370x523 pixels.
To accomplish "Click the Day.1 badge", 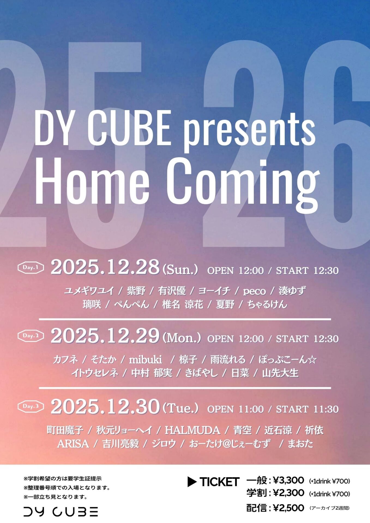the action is coord(31,267).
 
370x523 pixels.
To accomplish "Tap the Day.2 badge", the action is coord(31,336).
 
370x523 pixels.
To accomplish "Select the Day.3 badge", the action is coord(31,406).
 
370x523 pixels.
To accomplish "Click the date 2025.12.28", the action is coord(105,267).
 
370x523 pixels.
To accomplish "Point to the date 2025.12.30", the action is coord(105,406).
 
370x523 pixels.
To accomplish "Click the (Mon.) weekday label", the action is coord(182,338).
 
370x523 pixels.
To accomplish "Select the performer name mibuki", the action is coord(145,360).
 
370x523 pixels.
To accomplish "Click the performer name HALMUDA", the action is coord(192,430).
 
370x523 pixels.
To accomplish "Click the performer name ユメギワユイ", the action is coord(89,291).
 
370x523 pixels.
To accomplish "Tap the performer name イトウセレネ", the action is coord(95,373).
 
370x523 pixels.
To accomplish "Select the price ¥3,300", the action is coord(288,481).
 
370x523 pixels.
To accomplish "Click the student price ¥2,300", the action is coord(288,493).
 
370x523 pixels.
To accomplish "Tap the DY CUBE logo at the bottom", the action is coord(61,512).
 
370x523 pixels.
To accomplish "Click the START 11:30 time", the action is coord(307,409).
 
